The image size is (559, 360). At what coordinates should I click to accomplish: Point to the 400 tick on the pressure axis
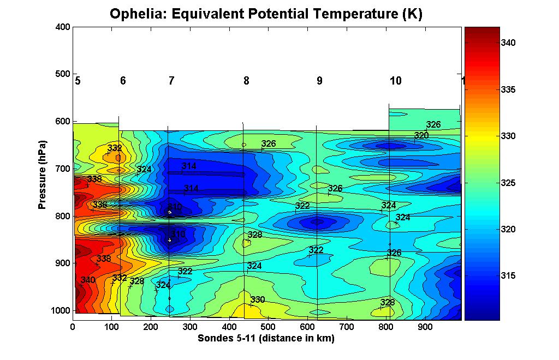63,26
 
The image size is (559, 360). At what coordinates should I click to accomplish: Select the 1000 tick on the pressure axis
61,310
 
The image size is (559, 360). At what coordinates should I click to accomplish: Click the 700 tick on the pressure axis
63,168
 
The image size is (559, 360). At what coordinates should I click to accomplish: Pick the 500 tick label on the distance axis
268,326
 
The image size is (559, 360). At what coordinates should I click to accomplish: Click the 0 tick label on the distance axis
73,326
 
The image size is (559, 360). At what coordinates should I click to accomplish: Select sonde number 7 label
171,81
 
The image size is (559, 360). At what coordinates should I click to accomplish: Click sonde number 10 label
396,81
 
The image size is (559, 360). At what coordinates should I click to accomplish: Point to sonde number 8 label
246,81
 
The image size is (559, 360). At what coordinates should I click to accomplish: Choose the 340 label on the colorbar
509,43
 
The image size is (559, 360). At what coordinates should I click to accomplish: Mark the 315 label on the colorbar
509,276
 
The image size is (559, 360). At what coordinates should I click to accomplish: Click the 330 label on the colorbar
509,136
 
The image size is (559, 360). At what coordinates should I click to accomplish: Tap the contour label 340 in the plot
88,280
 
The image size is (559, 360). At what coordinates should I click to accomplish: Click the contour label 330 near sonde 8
258,300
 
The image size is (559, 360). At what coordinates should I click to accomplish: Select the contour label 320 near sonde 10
421,135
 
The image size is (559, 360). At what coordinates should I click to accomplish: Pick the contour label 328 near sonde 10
388,303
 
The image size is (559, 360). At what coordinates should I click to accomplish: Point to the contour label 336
100,205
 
